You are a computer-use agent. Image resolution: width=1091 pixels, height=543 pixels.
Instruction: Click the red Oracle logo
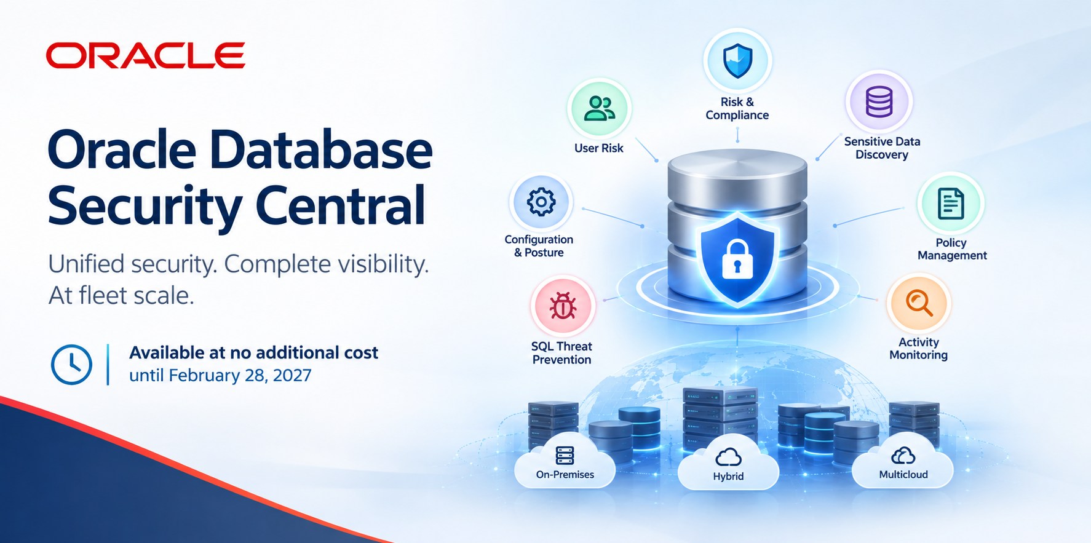146,55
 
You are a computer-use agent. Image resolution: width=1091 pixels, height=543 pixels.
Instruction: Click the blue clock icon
71,365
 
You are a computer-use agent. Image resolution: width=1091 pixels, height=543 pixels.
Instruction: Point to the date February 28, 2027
240,375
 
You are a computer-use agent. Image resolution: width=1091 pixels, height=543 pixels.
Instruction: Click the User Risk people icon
599,108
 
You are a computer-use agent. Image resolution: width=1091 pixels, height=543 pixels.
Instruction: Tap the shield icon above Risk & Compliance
737,61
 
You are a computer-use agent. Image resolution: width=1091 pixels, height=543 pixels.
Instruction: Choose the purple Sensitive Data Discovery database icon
879,101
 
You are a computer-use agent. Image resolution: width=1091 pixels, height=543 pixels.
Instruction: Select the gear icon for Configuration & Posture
541,202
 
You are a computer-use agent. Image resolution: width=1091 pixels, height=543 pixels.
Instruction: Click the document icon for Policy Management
951,204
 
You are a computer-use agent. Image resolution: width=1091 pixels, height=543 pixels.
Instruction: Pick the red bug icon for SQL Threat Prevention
563,306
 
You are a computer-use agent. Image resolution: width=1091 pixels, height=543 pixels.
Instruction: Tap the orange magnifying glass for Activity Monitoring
919,304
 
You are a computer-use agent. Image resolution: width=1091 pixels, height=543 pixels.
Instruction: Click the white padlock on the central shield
737,259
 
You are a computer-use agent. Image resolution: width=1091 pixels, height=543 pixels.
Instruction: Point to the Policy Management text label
952,249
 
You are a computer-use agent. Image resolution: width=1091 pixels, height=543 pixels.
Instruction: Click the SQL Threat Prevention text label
561,353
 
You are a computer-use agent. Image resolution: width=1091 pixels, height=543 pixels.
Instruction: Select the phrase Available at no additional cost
253,352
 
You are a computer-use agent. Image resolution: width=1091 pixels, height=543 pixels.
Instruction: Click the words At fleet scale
121,296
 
